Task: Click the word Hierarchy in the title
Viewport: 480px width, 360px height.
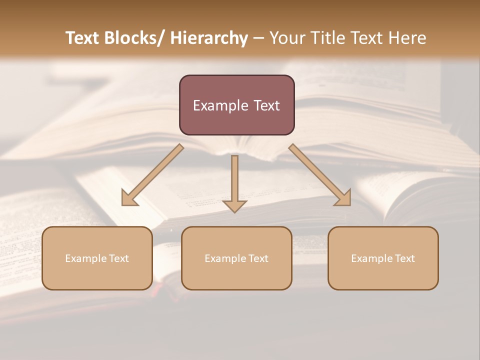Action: (208, 38)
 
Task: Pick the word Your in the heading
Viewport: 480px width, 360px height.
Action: (286, 38)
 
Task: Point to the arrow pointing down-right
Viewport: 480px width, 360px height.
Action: (320, 175)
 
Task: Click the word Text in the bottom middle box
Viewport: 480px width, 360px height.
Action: (258, 258)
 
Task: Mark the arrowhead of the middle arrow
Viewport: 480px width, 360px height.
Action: (234, 205)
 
